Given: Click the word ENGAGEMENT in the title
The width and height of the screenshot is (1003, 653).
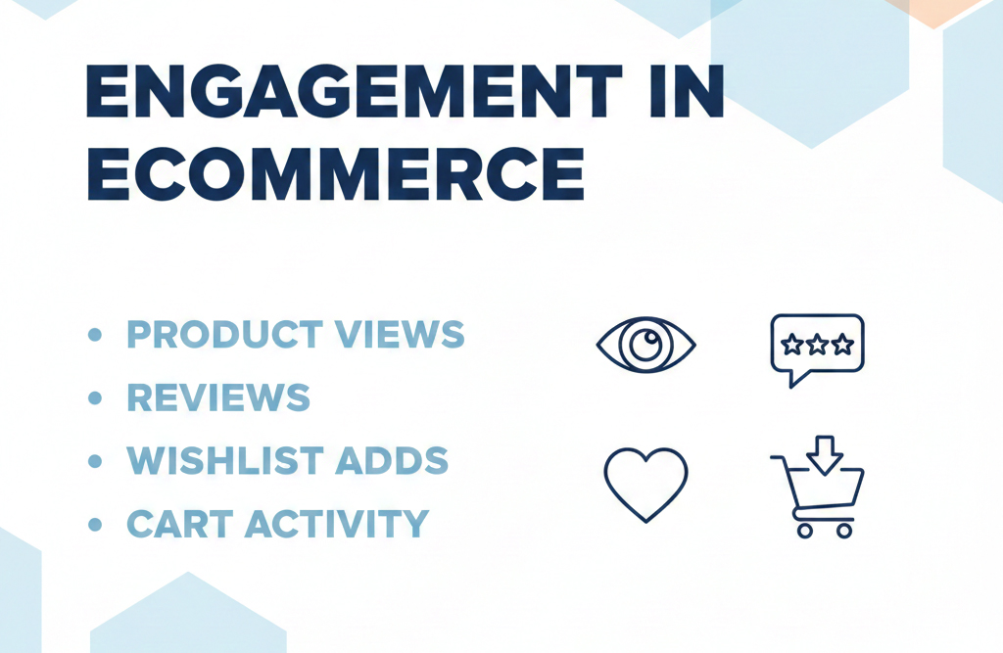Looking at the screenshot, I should point(339,94).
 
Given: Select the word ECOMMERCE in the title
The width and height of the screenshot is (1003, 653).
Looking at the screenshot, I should point(335,176).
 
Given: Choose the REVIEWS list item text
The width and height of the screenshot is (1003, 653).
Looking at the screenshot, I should point(218,397).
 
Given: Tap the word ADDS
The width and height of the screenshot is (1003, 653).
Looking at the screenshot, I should point(401,460).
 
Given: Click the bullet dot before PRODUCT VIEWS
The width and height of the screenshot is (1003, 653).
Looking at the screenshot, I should point(95,335).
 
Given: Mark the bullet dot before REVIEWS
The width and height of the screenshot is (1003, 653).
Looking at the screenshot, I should point(95,397).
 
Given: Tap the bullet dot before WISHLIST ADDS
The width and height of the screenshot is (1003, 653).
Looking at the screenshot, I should point(95,460).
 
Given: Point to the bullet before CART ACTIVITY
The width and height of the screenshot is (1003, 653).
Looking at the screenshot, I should point(95,524).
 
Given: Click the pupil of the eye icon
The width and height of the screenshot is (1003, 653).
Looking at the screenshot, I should point(645,344).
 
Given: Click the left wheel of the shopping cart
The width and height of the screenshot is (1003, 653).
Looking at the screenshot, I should point(805,530).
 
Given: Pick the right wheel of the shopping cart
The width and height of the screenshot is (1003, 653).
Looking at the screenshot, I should point(844,530).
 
